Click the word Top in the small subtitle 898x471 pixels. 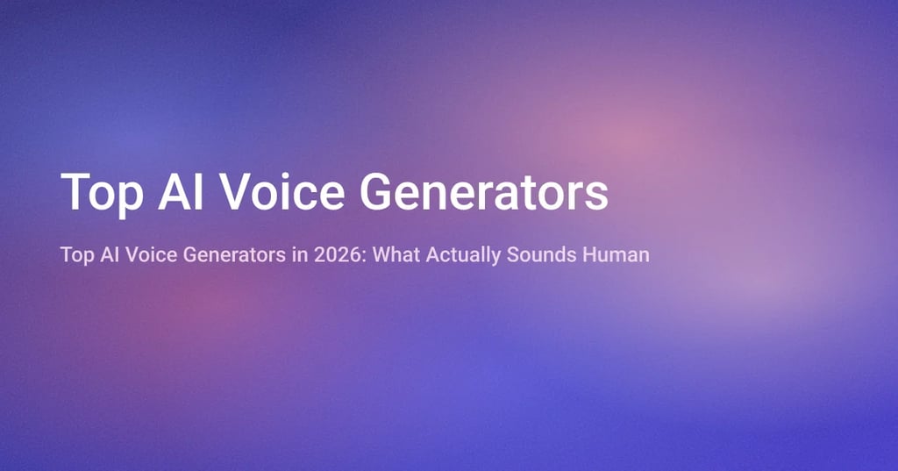(75, 256)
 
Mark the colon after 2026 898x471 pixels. (337, 257)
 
